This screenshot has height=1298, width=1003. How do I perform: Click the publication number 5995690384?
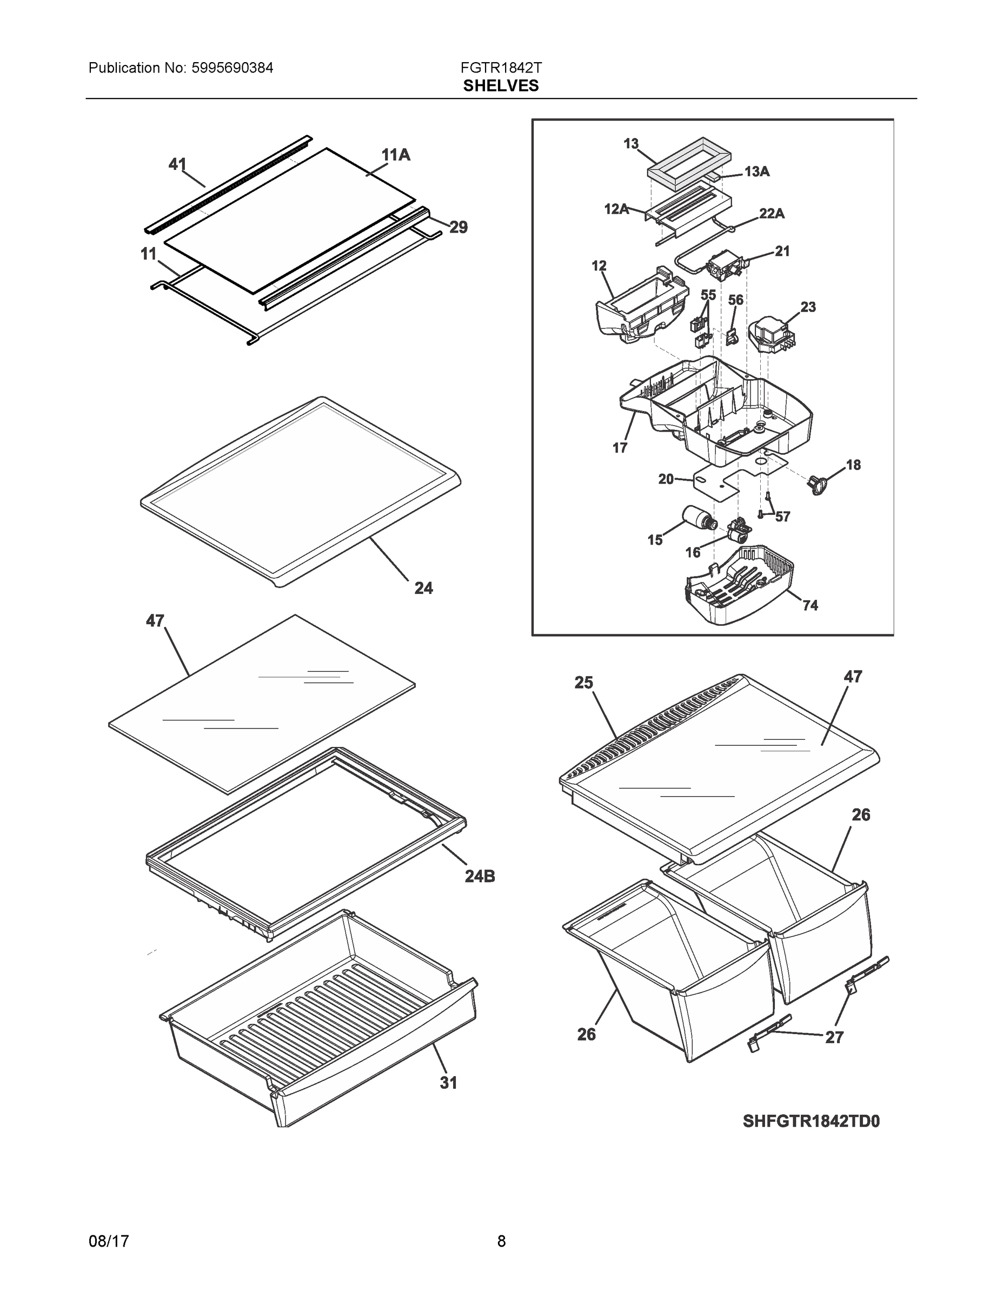point(232,68)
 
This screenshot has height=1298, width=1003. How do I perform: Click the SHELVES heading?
point(501,86)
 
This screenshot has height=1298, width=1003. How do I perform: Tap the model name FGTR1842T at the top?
point(501,68)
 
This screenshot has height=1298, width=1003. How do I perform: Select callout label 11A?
point(396,155)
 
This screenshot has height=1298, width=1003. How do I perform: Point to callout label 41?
point(177,164)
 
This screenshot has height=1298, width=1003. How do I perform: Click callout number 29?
point(458,227)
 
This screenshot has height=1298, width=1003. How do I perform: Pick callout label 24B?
point(480,876)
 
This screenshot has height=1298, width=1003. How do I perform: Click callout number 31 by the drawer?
point(449,1083)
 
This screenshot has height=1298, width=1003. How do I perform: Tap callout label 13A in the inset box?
point(756,172)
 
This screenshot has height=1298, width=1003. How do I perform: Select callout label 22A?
point(771,214)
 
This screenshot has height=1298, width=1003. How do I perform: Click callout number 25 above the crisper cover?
point(583,683)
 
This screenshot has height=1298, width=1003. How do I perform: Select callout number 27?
point(834,1037)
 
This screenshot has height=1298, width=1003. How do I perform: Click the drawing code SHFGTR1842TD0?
point(811,1122)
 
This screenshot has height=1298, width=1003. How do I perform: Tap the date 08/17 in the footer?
point(109,1241)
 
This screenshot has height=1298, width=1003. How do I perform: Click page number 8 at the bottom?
point(501,1241)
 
